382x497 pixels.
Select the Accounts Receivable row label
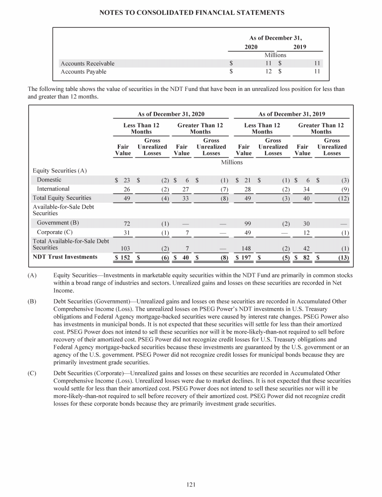87,64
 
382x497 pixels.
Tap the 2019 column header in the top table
300,47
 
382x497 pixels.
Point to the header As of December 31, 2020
171,114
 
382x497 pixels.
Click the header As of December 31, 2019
292,114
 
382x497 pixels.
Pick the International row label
53,189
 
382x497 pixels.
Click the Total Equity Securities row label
62,198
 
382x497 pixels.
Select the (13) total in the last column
342,257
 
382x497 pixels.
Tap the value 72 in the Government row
127,223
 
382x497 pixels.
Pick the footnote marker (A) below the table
33,275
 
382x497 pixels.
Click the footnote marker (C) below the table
33,373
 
